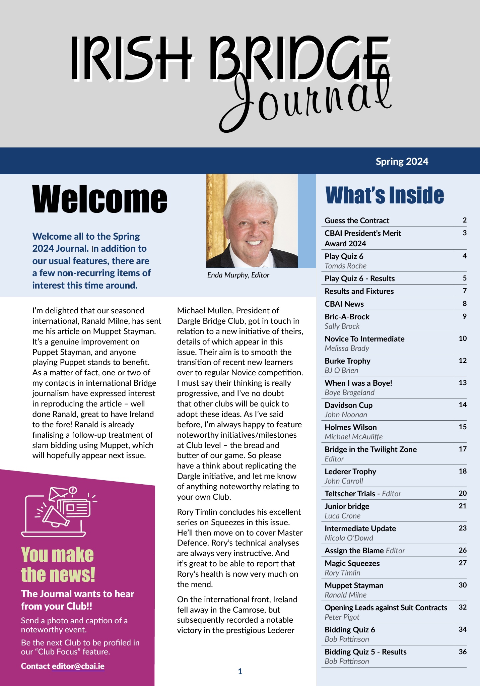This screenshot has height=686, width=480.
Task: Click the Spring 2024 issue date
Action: [402, 162]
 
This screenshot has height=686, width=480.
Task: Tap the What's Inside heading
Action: [385, 195]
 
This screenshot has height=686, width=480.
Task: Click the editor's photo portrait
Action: [252, 221]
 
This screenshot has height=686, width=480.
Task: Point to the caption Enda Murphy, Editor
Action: [238, 275]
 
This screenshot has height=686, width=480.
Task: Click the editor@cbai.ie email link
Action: [78, 666]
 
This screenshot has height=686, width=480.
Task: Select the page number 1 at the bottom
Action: [240, 671]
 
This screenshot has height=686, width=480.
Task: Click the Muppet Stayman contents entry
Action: [354, 585]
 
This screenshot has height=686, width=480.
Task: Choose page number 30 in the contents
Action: [463, 585]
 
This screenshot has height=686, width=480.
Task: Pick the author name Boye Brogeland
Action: [349, 392]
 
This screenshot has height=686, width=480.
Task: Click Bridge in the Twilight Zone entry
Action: [370, 449]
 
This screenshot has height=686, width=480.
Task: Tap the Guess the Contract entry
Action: [357, 221]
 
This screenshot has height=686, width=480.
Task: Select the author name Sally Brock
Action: [342, 326]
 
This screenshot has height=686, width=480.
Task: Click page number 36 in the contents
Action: [463, 651]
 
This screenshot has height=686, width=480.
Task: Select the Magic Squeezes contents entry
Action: [352, 563]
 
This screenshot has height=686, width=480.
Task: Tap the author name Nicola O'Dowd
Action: [349, 538]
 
